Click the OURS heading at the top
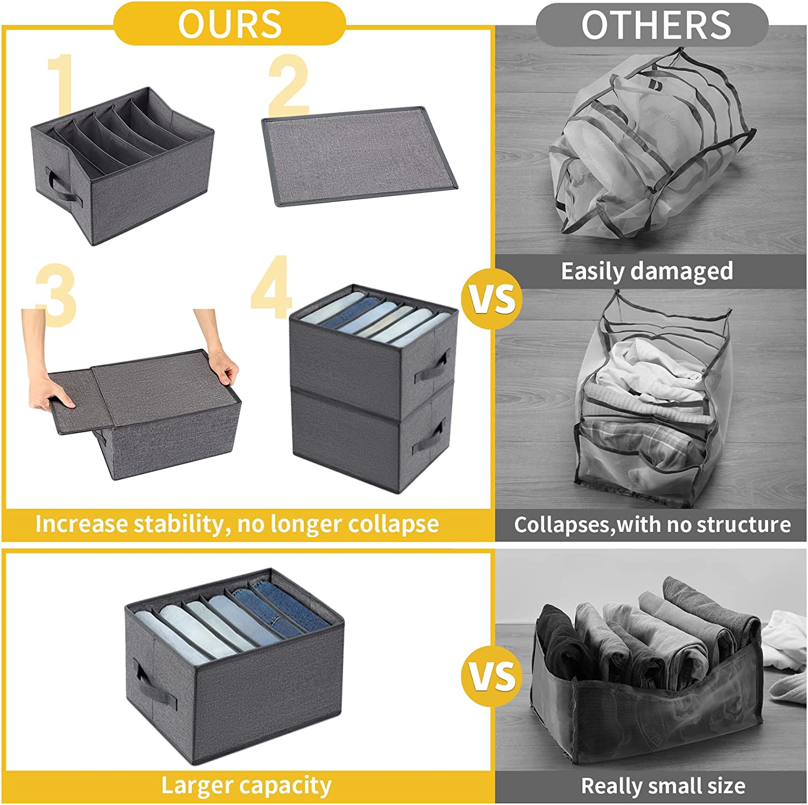tap(229, 24)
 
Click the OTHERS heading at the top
tap(656, 25)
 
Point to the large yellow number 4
tap(272, 289)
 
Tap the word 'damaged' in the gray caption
tap(686, 271)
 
